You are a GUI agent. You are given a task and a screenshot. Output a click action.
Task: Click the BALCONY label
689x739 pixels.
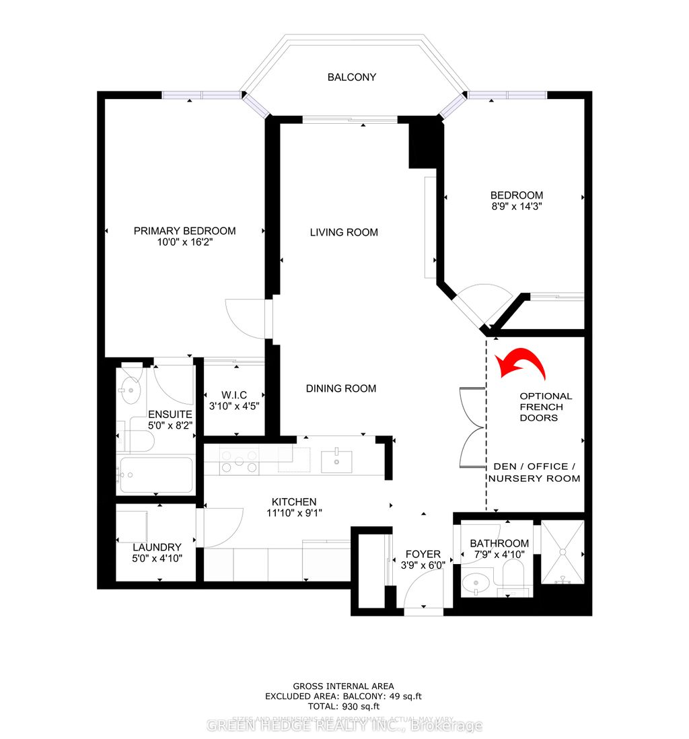coord(351,77)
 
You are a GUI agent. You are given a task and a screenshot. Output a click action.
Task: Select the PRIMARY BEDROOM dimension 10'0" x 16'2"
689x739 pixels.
coord(184,243)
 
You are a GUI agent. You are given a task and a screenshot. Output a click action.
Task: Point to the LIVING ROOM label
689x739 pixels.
coord(344,232)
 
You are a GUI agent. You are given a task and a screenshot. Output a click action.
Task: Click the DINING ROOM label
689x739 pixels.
coord(340,388)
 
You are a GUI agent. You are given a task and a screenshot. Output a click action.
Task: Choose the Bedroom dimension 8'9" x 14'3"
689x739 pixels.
coord(516,207)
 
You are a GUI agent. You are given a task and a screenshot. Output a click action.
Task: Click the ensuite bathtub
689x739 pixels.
coord(155,476)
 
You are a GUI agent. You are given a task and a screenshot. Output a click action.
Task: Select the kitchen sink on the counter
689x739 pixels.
coord(334,461)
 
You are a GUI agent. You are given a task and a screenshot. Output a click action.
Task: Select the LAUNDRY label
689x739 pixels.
coord(157,547)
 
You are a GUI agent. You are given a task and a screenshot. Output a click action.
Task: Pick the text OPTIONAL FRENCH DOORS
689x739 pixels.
coord(546,407)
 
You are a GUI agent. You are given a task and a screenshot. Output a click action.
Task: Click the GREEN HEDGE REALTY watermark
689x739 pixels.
coord(344,726)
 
